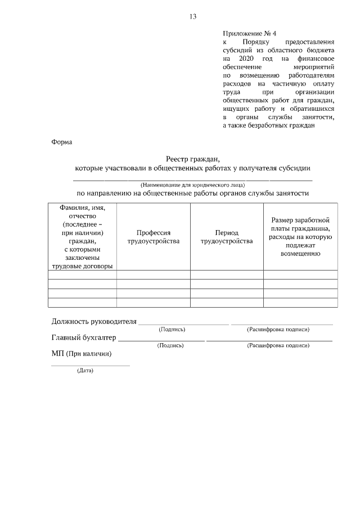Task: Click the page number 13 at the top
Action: click(192, 16)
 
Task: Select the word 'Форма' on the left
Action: click(61, 142)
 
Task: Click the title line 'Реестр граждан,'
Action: click(192, 159)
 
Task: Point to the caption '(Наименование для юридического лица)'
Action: click(192, 184)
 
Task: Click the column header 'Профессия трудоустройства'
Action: click(154, 237)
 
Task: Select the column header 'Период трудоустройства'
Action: click(227, 237)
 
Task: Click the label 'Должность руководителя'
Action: click(94, 322)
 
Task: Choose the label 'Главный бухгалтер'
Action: click(84, 338)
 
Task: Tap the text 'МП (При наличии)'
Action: click(81, 354)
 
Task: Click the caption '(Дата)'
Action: click(85, 371)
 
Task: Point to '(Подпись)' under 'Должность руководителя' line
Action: click(172, 329)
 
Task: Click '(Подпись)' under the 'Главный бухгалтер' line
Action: click(170, 345)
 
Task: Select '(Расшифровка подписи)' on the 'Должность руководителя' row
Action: click(278, 329)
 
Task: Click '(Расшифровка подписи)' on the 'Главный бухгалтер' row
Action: click(278, 345)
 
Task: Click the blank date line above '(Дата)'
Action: click(90, 366)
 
